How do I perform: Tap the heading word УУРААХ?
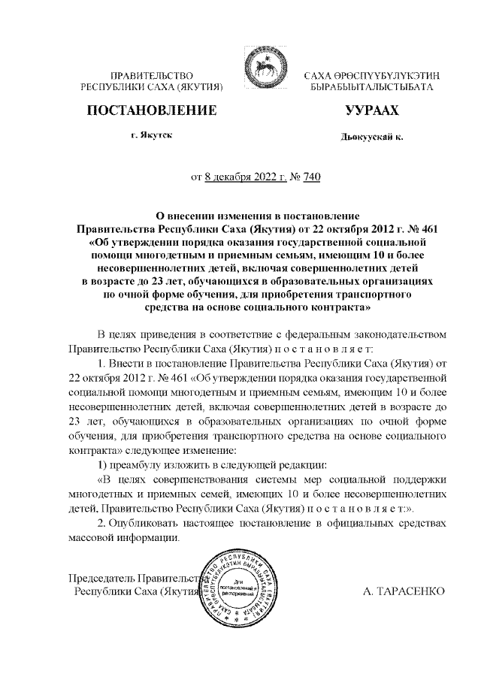click(370, 110)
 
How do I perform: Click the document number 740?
click(311, 178)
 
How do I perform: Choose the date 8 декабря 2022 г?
click(246, 178)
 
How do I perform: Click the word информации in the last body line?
click(148, 537)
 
